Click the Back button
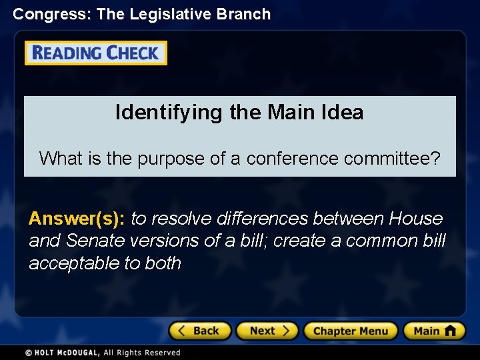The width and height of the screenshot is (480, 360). [199, 331]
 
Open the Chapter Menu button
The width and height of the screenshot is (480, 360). [350, 331]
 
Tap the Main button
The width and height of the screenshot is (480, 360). [433, 331]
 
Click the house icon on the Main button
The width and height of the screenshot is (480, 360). [451, 330]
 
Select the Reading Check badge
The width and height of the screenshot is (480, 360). [96, 53]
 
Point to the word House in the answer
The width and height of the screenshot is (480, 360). [416, 219]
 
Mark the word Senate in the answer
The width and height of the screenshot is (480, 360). [96, 241]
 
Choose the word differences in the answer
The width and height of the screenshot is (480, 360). [257, 219]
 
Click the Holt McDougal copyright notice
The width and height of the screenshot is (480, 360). [103, 353]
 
